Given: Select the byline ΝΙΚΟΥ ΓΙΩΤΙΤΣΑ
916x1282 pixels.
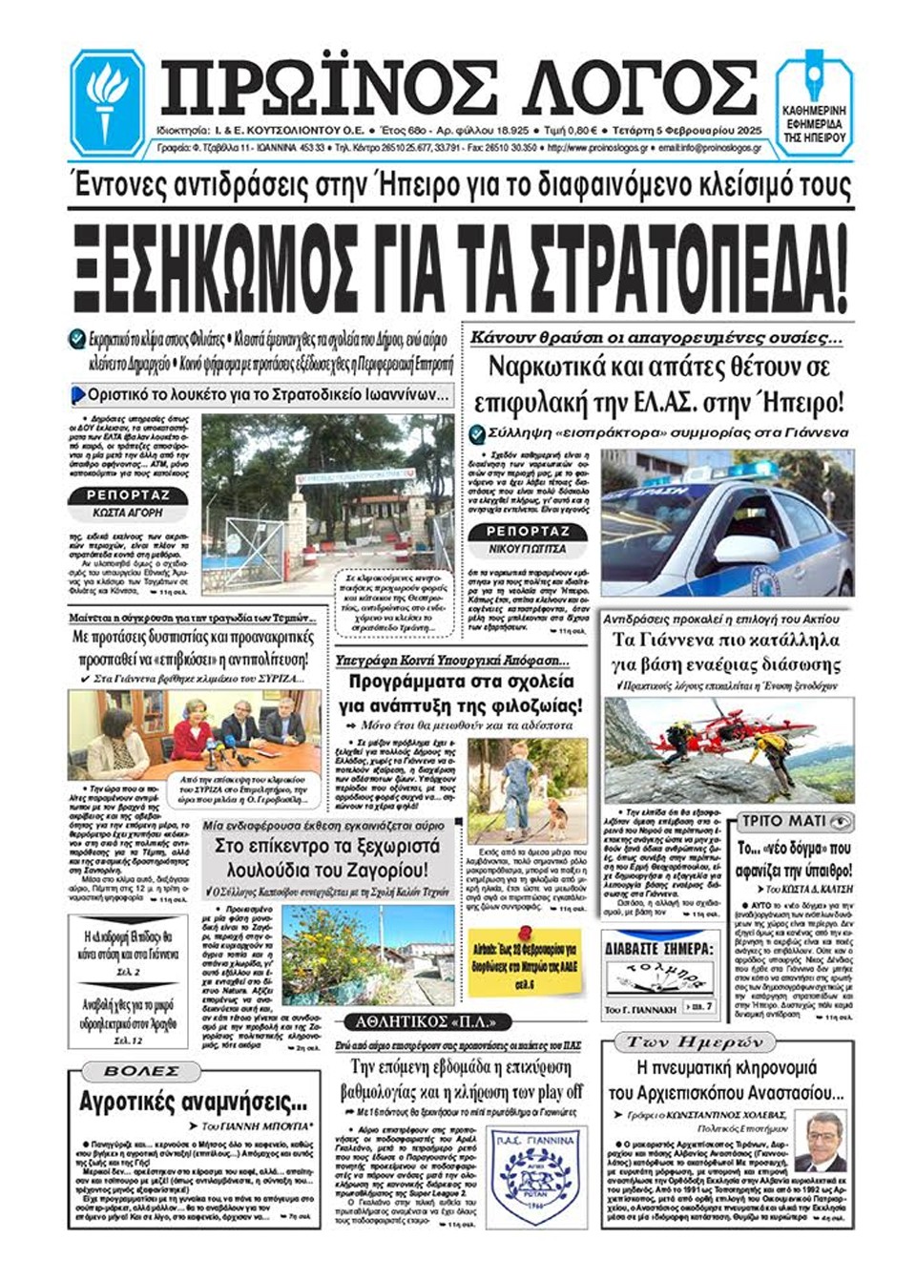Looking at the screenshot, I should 528,549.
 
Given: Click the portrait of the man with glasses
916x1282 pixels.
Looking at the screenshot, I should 819,1141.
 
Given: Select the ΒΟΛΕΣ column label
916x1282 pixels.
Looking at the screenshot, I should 141,1071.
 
